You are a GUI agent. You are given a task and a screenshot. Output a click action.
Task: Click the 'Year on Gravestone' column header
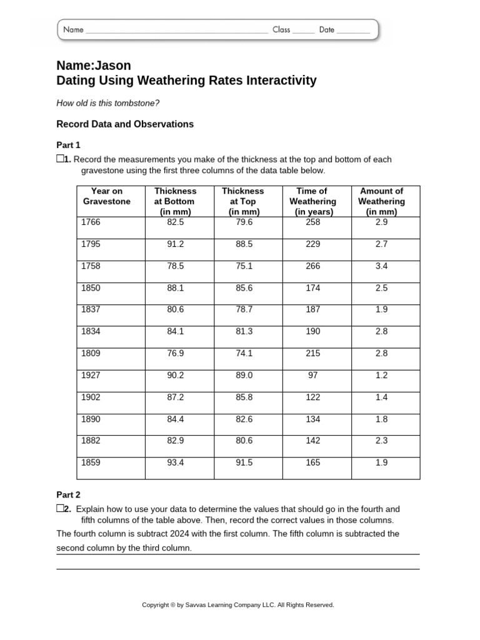(x=107, y=196)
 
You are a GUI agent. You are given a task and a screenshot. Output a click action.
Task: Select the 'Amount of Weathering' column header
(x=381, y=201)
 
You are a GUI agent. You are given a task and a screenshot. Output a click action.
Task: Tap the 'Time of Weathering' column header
(x=312, y=201)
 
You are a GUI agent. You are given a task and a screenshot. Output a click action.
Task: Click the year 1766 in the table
(x=91, y=222)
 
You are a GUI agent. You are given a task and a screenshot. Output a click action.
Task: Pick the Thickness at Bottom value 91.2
(x=176, y=244)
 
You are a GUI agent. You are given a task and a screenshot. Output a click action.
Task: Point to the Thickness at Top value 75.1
(x=244, y=266)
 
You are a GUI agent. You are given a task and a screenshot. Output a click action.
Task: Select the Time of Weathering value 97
(x=312, y=375)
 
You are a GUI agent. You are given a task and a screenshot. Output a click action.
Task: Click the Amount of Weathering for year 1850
(x=381, y=288)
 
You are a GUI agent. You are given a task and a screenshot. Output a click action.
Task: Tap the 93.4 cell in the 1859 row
(x=176, y=462)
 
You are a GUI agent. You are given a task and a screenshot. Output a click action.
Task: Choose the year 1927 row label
(x=91, y=375)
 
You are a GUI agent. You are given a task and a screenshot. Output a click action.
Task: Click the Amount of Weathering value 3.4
(x=381, y=266)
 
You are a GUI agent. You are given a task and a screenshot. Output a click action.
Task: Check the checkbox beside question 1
(x=60, y=159)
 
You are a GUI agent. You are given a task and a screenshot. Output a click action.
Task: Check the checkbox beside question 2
(x=60, y=509)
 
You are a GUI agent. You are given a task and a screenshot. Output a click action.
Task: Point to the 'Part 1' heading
(x=68, y=145)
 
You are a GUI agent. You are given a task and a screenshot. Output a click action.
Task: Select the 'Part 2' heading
(x=68, y=494)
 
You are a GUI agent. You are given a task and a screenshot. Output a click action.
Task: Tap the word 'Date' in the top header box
(x=327, y=29)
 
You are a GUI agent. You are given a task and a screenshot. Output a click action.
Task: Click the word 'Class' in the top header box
(x=281, y=29)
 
